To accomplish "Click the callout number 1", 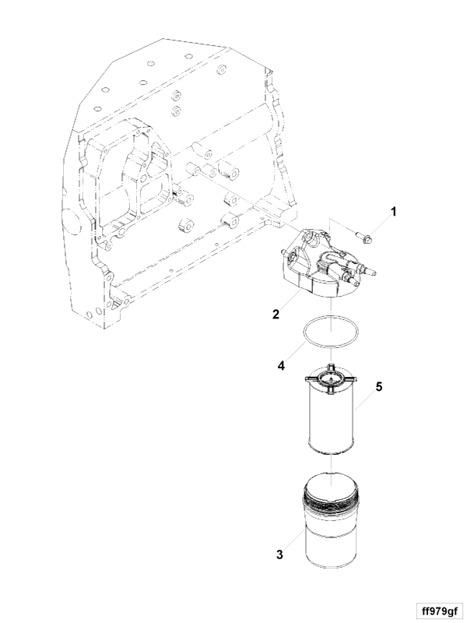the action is (x=393, y=212).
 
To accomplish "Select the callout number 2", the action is (x=276, y=315).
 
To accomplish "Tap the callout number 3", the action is (x=279, y=554).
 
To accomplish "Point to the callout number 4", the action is (x=281, y=365).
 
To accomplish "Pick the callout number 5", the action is (x=379, y=386).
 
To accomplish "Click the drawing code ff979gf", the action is (x=439, y=611).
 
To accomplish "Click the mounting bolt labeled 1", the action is (x=362, y=238).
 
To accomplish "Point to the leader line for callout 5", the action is (x=365, y=399).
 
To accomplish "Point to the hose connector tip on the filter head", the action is (x=373, y=273).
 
